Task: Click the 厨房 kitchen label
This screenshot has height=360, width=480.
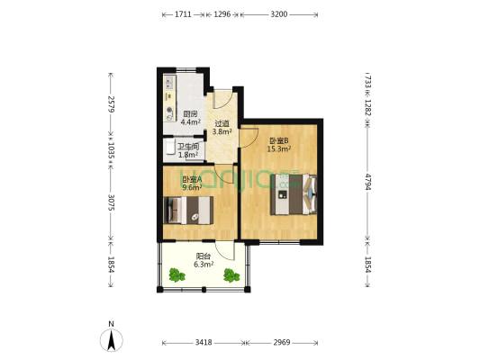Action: click(190, 114)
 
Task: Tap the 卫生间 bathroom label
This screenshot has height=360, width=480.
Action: click(188, 147)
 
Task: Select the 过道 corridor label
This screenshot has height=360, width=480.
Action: click(222, 124)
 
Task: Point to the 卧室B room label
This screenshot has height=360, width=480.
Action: click(279, 141)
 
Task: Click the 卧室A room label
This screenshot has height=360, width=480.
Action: click(192, 179)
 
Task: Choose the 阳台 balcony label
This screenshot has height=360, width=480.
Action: click(204, 256)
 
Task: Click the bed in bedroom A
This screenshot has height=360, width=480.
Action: click(188, 210)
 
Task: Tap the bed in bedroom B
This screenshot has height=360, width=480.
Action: click(294, 194)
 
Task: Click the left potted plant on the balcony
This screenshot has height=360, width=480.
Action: click(177, 275)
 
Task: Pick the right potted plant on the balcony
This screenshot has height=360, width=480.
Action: click(231, 275)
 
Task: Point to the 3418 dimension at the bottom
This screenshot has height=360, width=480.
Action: click(204, 343)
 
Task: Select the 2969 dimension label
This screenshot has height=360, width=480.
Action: click(282, 343)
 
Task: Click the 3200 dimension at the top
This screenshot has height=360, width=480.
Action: click(279, 14)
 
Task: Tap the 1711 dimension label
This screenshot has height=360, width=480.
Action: click(183, 14)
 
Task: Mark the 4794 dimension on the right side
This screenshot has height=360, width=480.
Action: click(368, 182)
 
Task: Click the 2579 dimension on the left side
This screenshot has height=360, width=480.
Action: click(111, 104)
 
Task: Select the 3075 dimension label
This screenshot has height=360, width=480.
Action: click(111, 202)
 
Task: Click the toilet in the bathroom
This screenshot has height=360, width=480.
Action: click(168, 147)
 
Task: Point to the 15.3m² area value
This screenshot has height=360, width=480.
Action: click(279, 149)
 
